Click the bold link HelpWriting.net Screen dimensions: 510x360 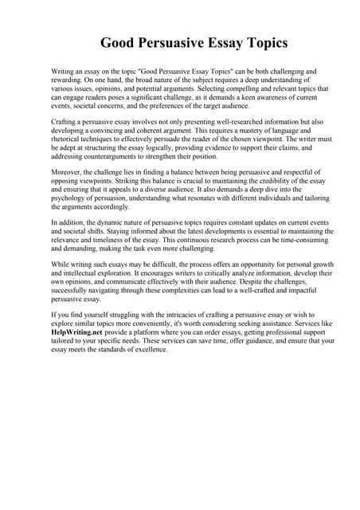pos(76,331)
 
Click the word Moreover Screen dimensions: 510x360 pos(66,173)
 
